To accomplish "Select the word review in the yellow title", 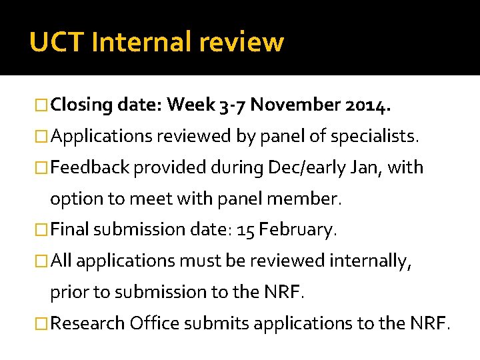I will [250, 42].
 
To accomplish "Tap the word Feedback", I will [90, 167].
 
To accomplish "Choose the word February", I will [298, 230].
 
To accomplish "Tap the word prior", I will [71, 292].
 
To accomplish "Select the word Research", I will [88, 323].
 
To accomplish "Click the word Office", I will [155, 323].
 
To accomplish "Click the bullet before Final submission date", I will [43, 230].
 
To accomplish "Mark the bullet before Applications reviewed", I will [43, 136].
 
